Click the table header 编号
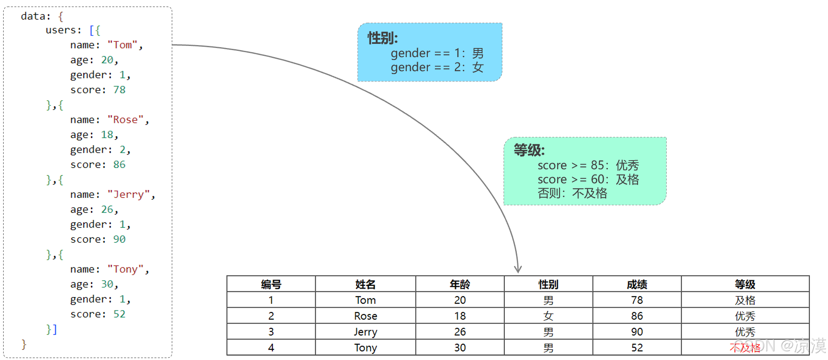pyautogui.click(x=271, y=284)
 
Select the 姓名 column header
pyautogui.click(x=365, y=284)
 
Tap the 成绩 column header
pyautogui.click(x=637, y=284)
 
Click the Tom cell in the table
pyautogui.click(x=365, y=300)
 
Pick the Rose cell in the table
pyautogui.click(x=365, y=316)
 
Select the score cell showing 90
pyautogui.click(x=637, y=332)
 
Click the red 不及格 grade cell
pyautogui.click(x=745, y=348)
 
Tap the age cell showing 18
pyautogui.click(x=460, y=316)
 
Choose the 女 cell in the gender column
pyautogui.click(x=548, y=316)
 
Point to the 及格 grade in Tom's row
pyautogui.click(x=745, y=300)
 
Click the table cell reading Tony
pyautogui.click(x=365, y=348)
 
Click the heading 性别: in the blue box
pyautogui.click(x=382, y=38)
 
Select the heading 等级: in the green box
pyautogui.click(x=529, y=150)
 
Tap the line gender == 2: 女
pyautogui.click(x=437, y=67)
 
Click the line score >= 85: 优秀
pyautogui.click(x=588, y=166)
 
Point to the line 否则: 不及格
pyautogui.click(x=572, y=193)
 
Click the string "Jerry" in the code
pyautogui.click(x=128, y=194)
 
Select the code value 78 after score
pyautogui.click(x=119, y=90)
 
